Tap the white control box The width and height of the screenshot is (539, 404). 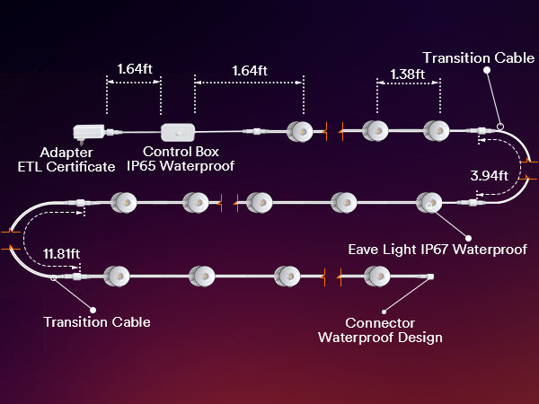click(181, 131)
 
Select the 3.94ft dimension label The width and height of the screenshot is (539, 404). click(490, 174)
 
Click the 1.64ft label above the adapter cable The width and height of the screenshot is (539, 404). click(134, 67)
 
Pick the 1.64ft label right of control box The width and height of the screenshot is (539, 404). click(250, 70)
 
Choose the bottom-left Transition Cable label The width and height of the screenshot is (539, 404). click(97, 321)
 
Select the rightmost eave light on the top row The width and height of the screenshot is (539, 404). click(436, 130)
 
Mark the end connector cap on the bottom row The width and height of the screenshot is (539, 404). click(429, 277)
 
